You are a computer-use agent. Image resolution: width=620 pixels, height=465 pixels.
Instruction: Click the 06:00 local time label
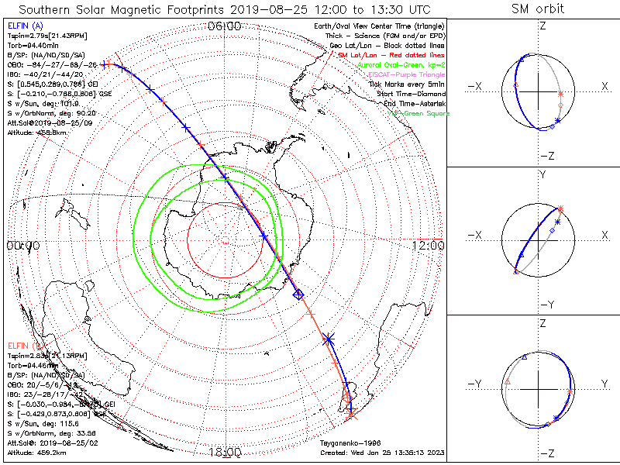(225, 26)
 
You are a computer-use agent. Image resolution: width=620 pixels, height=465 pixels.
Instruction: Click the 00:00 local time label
(22, 246)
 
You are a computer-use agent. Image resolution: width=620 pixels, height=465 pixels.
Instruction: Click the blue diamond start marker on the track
(298, 294)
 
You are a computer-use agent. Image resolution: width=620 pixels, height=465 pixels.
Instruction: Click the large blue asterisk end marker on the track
(328, 339)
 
